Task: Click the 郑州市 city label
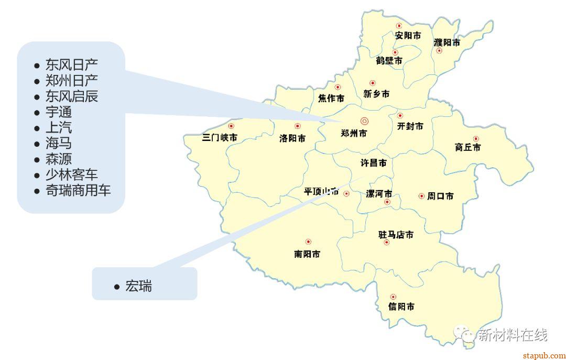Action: coord(354,133)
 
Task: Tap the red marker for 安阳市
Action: coord(399,25)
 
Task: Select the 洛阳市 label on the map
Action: coord(292,138)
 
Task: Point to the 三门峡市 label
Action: coord(220,138)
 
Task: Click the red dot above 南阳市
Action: coord(308,242)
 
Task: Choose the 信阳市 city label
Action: coord(401,307)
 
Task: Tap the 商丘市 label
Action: coord(467,147)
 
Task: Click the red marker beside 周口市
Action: coord(421,196)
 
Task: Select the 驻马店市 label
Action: coord(396,234)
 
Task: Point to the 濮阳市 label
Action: coord(447,42)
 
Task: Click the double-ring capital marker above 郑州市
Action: coord(364,121)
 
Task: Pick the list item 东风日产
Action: coord(71,65)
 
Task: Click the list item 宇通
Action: coord(59,112)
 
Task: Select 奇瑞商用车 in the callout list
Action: coord(78,190)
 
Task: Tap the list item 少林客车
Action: coord(71,174)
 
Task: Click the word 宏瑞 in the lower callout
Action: coord(138,286)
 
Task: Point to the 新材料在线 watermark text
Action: coord(512,335)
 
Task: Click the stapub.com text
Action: coord(544,355)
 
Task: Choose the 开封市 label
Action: coord(410,126)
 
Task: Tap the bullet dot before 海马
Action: coord(37,144)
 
